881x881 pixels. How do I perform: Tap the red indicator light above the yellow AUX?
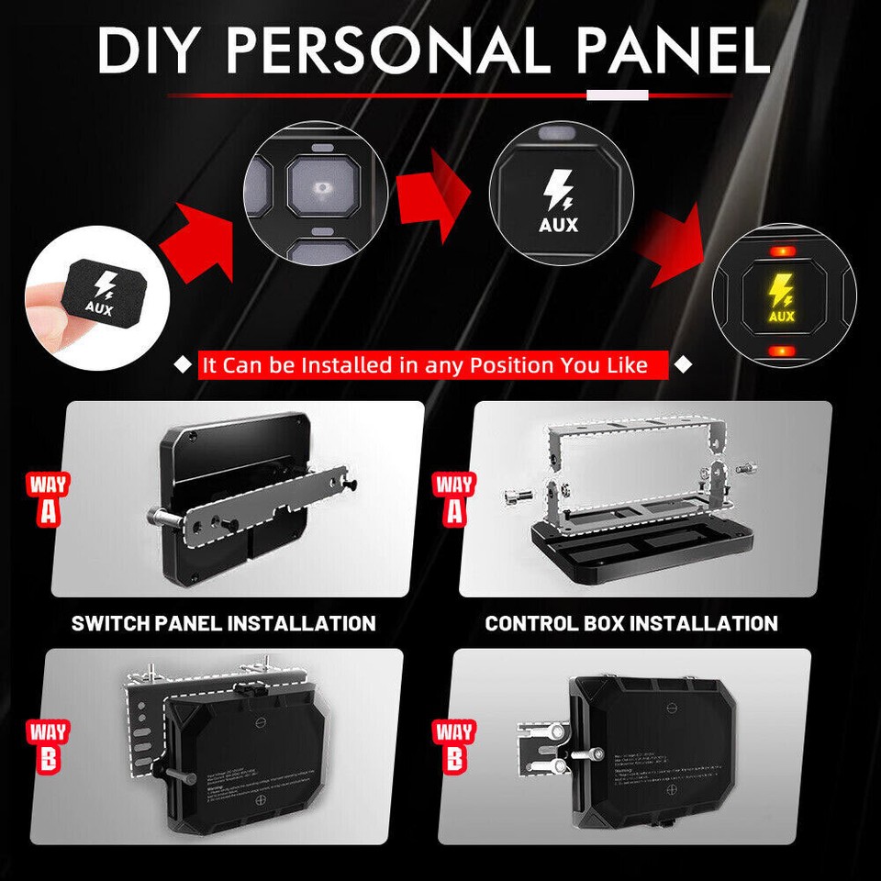pyautogui.click(x=782, y=251)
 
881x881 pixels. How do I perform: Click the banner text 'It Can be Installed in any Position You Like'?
pyautogui.click(x=425, y=365)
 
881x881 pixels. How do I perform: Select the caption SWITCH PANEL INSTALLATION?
pyautogui.click(x=224, y=623)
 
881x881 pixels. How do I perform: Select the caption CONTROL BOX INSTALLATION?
pyautogui.click(x=631, y=623)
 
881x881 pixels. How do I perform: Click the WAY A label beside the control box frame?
pyautogui.click(x=454, y=498)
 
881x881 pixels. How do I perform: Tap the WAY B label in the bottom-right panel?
pyautogui.click(x=454, y=746)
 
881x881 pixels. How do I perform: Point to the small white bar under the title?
pyautogui.click(x=617, y=95)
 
